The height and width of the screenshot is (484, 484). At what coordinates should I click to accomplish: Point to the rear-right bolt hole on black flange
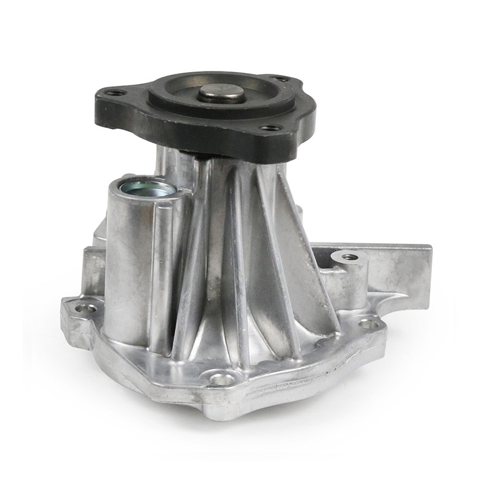tap(282, 78)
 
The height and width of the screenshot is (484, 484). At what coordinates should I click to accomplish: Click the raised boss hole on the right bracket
tap(350, 257)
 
